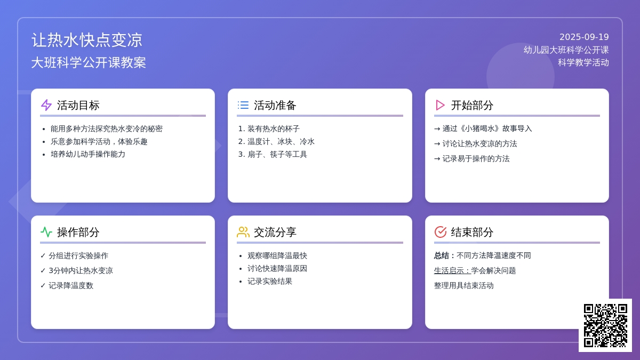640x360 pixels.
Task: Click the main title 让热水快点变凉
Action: (86, 39)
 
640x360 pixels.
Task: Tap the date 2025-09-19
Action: (584, 37)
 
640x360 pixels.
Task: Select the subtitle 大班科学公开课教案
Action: (89, 62)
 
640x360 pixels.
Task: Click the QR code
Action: (605, 325)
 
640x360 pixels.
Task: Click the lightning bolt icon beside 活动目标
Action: (46, 105)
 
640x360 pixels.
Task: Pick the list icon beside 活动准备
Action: (243, 105)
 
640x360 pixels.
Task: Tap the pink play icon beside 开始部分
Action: (441, 105)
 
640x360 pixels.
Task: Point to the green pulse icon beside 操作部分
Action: (46, 232)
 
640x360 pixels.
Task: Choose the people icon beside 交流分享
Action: (243, 232)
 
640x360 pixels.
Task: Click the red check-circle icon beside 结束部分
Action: (441, 232)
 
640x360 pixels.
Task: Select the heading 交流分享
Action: (275, 233)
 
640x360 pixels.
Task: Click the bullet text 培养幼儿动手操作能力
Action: (88, 154)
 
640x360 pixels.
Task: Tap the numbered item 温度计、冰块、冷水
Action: (281, 141)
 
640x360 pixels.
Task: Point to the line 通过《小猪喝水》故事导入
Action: (487, 129)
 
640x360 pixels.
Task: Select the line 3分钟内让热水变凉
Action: (81, 270)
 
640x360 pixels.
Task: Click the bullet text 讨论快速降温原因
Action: (277, 269)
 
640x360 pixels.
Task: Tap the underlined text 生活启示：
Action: (453, 270)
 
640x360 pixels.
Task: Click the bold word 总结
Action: (442, 255)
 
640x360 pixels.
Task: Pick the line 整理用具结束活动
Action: (463, 285)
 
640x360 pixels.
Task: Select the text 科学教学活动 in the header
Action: (583, 62)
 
